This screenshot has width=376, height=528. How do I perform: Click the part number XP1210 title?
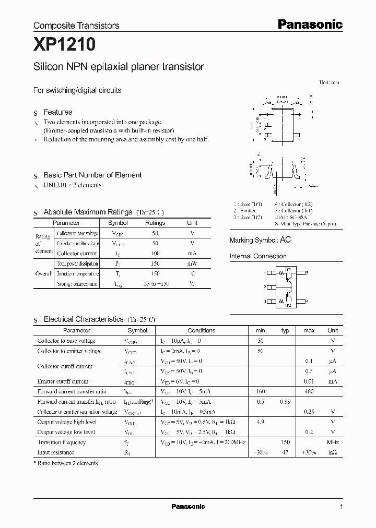coord(64,45)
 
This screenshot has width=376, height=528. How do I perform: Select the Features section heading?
coord(57,112)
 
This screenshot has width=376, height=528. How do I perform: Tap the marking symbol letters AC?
coord(286,240)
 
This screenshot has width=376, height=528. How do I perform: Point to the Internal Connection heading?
coord(258,256)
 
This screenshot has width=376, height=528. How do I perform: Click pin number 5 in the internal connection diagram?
coord(307,273)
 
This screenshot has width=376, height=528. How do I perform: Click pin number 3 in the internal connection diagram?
coord(265,301)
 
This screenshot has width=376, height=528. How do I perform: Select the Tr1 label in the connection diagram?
coord(287,269)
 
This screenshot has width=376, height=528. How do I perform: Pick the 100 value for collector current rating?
coord(155,253)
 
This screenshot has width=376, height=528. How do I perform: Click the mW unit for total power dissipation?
coord(192,263)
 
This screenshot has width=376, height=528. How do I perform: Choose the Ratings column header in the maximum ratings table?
coord(155,223)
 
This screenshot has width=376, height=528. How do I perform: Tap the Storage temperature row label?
coord(77,284)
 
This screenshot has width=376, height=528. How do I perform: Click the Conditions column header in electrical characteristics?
coord(201,330)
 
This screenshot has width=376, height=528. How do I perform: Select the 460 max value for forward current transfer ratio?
coord(309,391)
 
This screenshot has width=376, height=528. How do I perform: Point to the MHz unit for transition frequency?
coord(333,442)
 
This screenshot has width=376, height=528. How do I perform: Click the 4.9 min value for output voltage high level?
coord(260,422)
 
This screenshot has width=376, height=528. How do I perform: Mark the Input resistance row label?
coord(56,452)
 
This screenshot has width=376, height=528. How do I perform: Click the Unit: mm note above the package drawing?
coord(328,82)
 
